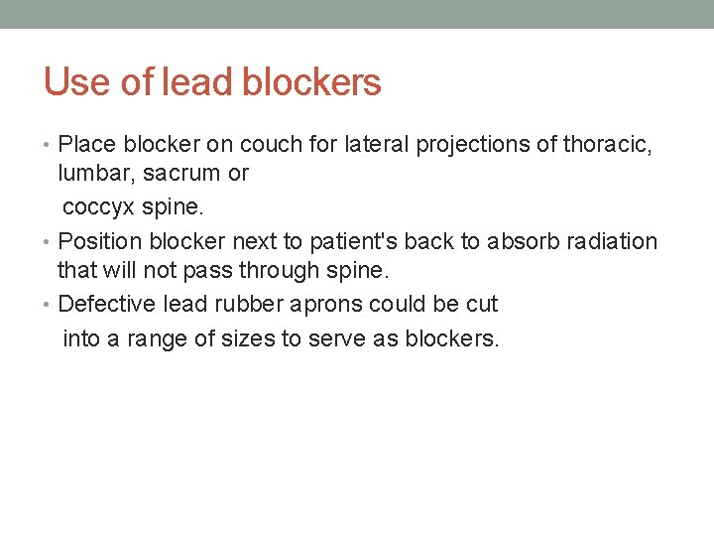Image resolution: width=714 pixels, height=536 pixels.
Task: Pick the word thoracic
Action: pos(607,145)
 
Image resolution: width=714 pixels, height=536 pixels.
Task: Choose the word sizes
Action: pos(246,338)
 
